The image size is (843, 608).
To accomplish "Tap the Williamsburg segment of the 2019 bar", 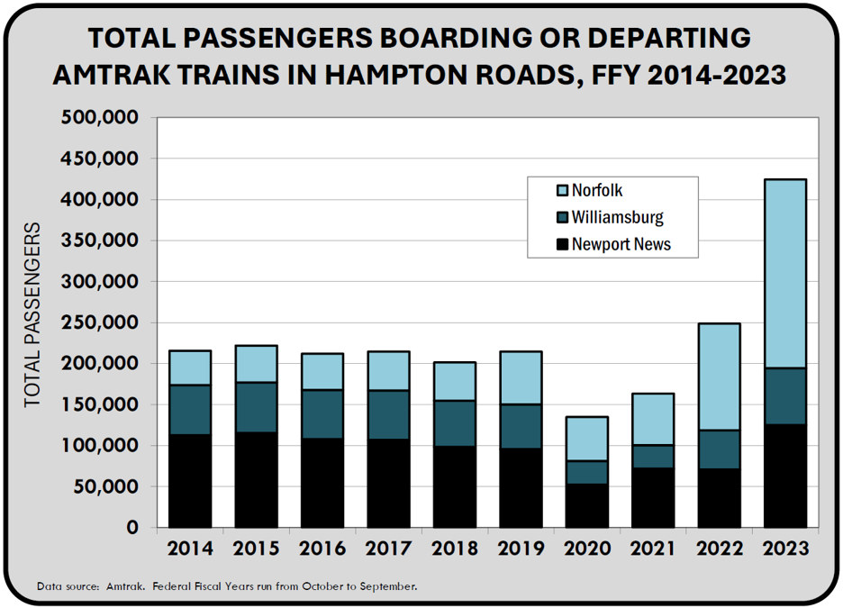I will click(x=520, y=426).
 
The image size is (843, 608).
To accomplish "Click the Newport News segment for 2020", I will click(x=586, y=505).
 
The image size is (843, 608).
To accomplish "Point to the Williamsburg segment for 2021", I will click(x=652, y=457).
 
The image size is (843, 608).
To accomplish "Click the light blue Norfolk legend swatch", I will click(x=562, y=191).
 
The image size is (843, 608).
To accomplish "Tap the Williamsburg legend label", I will click(x=617, y=217).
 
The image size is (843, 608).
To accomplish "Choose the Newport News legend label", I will click(x=621, y=243).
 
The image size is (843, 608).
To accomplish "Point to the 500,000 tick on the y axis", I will click(x=99, y=118).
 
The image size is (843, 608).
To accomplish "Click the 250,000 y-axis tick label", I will click(x=99, y=322).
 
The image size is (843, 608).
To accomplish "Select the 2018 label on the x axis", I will click(x=454, y=549).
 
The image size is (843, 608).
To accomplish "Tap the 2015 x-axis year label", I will click(x=256, y=549).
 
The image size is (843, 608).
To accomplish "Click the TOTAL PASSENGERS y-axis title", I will click(x=33, y=315).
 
